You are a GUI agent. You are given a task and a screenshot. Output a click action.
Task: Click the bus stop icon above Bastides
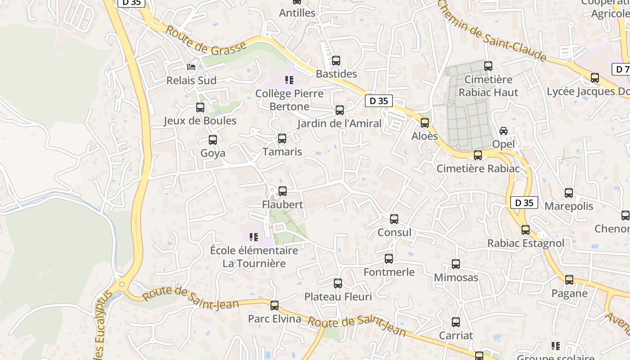(x=336, y=61)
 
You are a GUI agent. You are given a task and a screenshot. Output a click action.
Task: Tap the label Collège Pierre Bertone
(x=289, y=100)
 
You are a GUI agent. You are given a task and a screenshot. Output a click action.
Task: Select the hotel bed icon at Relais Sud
(x=191, y=67)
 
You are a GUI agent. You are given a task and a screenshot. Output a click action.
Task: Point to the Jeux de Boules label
(x=200, y=121)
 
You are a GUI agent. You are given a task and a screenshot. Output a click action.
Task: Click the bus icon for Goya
(x=213, y=140)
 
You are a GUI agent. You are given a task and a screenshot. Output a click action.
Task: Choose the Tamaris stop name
(x=282, y=152)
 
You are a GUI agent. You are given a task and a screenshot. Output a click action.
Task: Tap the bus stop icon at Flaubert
(x=283, y=191)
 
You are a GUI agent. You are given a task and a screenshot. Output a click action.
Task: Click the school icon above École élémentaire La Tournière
(x=254, y=237)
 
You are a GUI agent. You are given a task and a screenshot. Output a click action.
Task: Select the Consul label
(x=394, y=232)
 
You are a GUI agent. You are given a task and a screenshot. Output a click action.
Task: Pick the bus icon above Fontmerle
(x=389, y=259)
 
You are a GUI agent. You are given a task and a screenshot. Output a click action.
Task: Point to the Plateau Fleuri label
(x=338, y=297)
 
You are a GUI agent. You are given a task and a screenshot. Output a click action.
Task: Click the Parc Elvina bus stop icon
(x=274, y=306)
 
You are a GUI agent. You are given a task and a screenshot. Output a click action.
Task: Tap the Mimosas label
(x=456, y=277)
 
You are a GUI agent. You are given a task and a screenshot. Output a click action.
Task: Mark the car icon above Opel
(x=504, y=131)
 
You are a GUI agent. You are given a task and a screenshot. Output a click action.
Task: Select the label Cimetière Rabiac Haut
(x=488, y=86)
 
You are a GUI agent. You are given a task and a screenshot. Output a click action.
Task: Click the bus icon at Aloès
(x=425, y=123)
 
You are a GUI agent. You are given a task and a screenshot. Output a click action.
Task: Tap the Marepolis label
(x=569, y=206)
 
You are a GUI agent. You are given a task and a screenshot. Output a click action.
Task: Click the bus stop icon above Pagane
(x=569, y=280)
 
